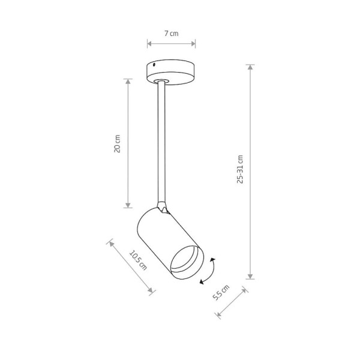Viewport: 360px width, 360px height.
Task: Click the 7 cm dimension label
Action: coord(171,34)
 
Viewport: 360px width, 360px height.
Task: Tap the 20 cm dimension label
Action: coord(117,144)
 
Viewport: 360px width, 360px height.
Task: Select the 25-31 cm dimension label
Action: coord(240,169)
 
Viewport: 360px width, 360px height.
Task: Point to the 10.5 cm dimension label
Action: coord(138,260)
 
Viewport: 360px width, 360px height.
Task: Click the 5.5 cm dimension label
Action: coord(221,293)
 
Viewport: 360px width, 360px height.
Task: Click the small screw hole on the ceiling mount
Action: coord(154,65)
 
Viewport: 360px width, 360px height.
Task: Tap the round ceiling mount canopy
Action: coord(171,71)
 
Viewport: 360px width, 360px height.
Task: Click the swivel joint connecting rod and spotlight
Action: coord(163,208)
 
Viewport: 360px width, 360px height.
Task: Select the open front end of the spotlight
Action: coord(187,263)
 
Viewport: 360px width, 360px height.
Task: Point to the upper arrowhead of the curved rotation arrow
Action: coord(213,260)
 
